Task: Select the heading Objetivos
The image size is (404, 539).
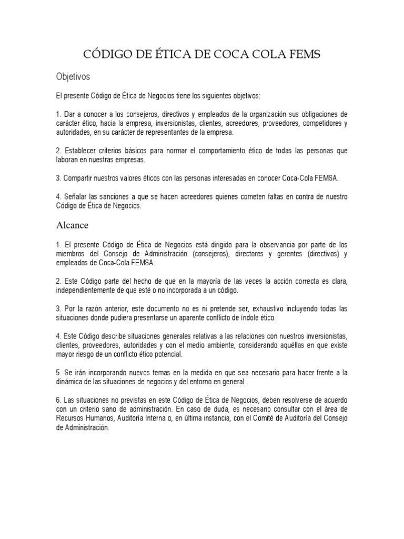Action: [73, 77]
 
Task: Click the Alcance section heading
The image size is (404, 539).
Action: [73, 225]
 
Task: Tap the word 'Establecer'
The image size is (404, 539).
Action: [82, 151]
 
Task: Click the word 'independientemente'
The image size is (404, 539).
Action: [92, 291]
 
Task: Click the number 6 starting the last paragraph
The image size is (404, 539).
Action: [58, 401]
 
